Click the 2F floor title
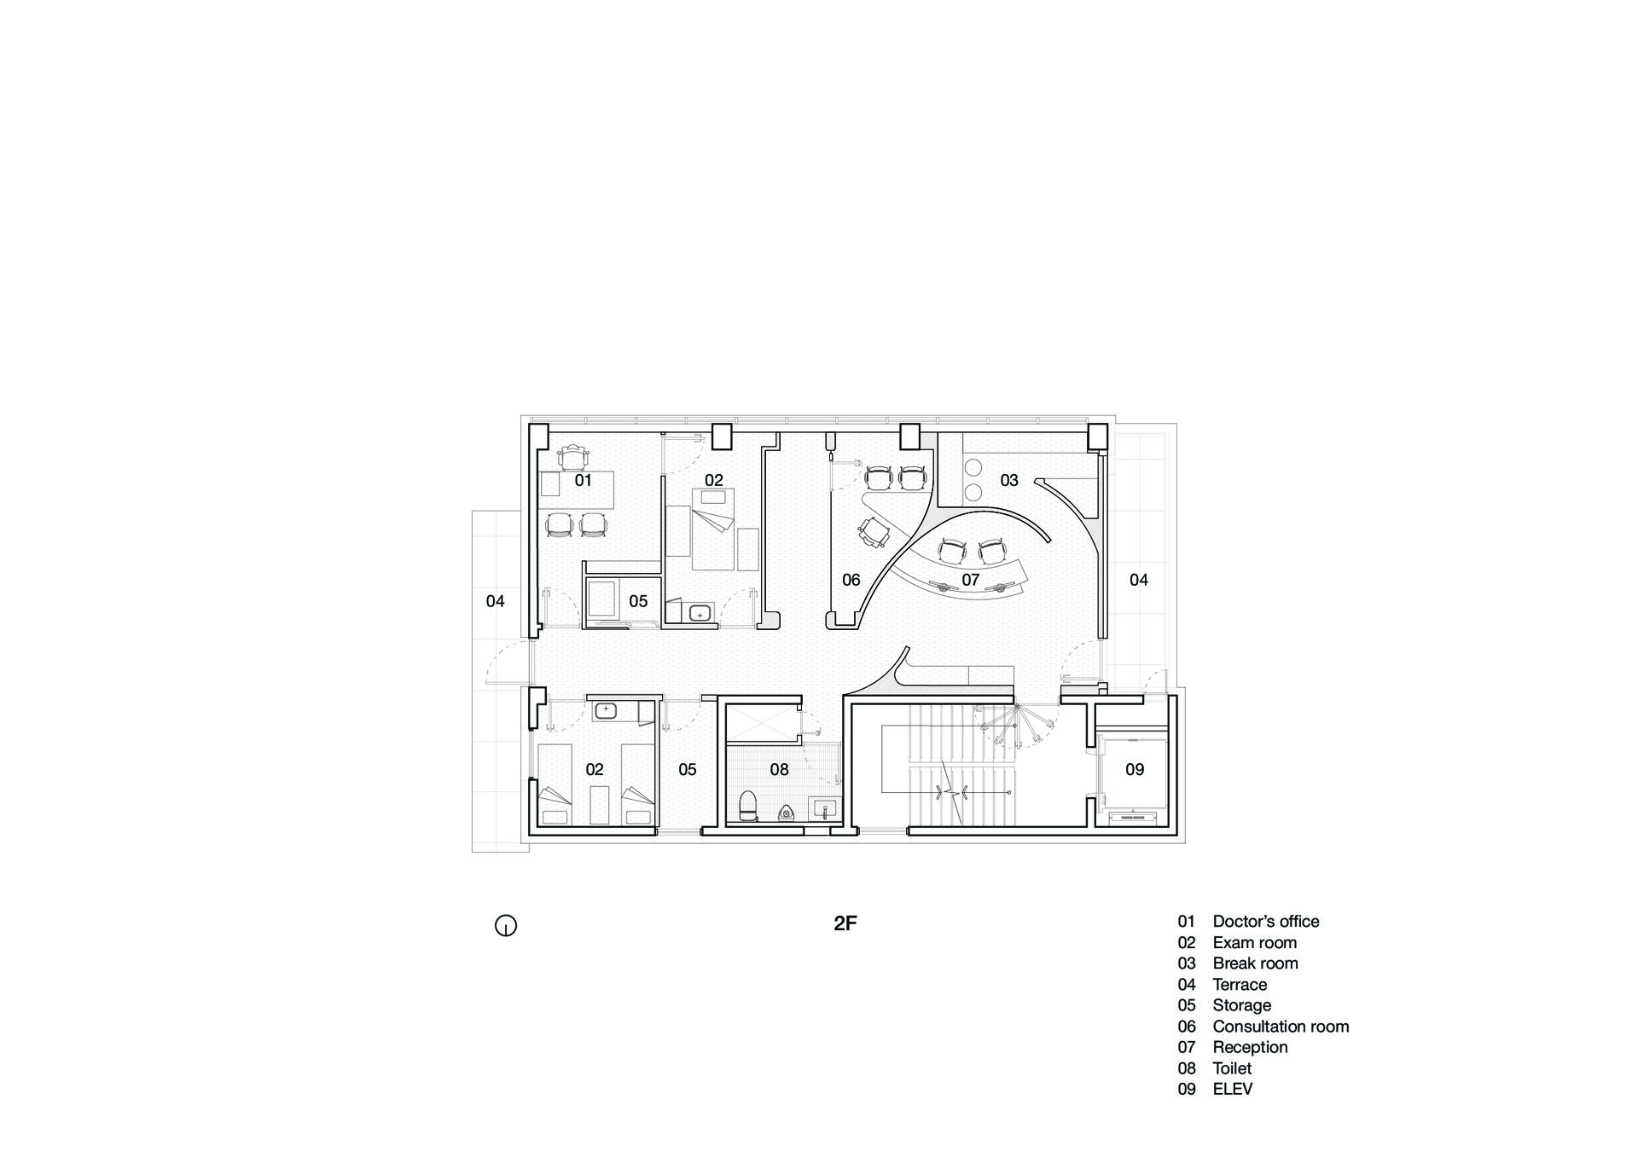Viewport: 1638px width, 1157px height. point(845,923)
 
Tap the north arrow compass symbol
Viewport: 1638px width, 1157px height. point(506,925)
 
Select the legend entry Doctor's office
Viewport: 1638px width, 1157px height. point(1265,921)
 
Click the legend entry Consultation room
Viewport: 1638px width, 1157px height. point(1281,1027)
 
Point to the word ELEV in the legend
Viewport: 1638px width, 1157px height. point(1232,1089)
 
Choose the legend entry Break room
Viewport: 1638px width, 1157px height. point(1255,963)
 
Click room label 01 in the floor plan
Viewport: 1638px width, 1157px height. point(583,481)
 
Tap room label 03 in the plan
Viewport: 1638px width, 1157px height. point(1009,481)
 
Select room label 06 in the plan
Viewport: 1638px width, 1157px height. point(851,580)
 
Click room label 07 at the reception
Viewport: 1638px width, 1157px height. point(971,580)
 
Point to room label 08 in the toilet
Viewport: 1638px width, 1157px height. point(780,770)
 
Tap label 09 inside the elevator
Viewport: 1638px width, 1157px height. point(1135,770)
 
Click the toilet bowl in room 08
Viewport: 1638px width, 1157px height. point(748,807)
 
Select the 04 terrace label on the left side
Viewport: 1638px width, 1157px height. point(496,601)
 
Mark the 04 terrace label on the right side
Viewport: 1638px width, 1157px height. point(1139,580)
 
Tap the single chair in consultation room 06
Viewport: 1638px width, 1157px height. point(874,533)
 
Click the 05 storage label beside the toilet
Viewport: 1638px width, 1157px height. point(688,770)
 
